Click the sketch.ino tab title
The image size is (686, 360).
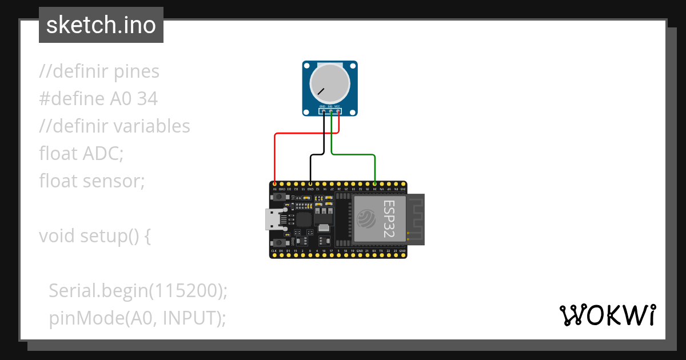101,25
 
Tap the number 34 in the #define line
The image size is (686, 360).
147,99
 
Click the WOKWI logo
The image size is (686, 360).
608,315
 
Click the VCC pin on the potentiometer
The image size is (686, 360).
338,112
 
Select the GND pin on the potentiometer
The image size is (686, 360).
323,112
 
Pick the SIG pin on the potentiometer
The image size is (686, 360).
331,112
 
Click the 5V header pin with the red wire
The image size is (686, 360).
275,184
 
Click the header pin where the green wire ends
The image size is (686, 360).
375,184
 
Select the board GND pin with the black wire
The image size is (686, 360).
310,184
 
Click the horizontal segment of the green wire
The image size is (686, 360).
353,154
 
